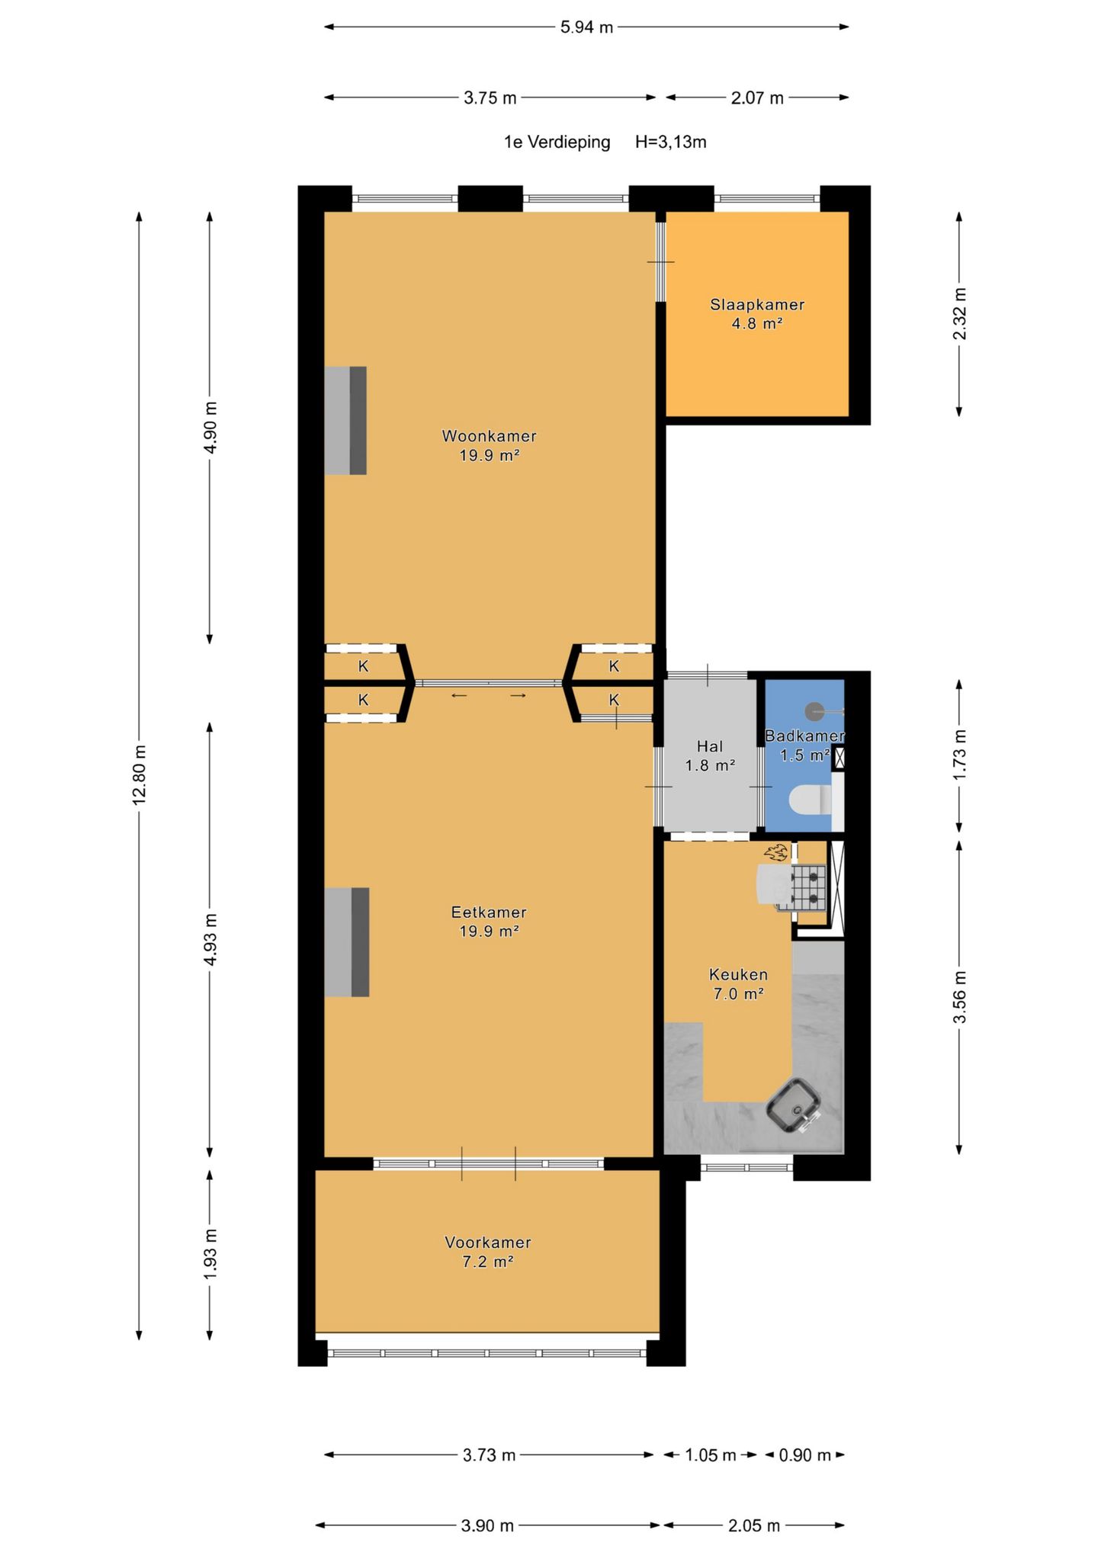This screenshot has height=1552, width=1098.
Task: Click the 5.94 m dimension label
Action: [586, 27]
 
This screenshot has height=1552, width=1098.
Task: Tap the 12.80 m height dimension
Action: [139, 774]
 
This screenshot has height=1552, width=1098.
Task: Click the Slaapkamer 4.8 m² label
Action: [757, 314]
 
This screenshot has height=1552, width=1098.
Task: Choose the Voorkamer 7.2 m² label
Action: [488, 1252]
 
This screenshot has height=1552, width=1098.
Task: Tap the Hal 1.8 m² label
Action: [710, 755]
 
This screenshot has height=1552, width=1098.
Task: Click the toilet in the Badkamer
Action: [811, 800]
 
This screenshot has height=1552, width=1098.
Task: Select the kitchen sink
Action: [794, 1105]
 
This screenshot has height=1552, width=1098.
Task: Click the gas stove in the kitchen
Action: [808, 888]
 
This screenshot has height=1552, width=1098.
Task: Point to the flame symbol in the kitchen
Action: [777, 852]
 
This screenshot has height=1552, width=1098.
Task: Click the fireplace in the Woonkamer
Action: [345, 421]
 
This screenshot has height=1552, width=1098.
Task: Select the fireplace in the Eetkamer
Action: [347, 942]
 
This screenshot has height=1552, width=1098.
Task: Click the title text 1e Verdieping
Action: [557, 142]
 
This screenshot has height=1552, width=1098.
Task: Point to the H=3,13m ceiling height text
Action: [671, 142]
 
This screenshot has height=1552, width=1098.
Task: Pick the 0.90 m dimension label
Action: [804, 1455]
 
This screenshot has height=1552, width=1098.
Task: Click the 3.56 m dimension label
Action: [960, 997]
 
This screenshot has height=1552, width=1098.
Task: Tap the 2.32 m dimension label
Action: [960, 314]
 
